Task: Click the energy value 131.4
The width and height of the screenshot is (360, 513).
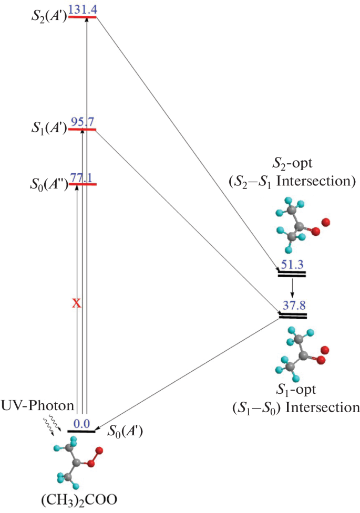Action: point(83,9)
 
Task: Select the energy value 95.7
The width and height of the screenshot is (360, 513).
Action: point(83,122)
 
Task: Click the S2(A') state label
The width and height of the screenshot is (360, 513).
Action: point(48,16)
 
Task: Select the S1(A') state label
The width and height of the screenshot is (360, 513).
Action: point(48,128)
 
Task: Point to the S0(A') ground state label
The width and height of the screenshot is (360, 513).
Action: point(125,432)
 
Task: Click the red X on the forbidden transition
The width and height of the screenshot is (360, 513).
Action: point(76,303)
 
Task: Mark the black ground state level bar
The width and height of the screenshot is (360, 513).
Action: point(81,431)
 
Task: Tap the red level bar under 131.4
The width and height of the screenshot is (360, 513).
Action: point(82,17)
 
